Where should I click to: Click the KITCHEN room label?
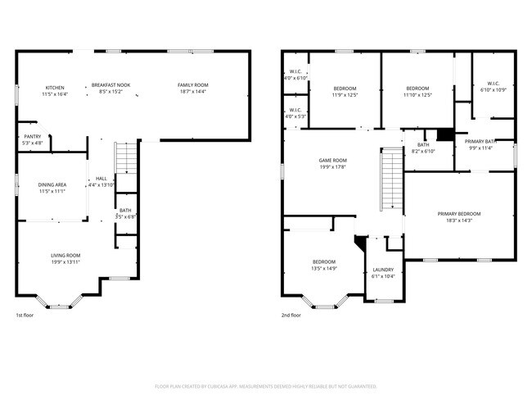pyautogui.click(x=55, y=88)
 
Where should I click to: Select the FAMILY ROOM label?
pyautogui.click(x=193, y=85)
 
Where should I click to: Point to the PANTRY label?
pyautogui.click(x=33, y=137)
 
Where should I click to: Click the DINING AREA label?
pyautogui.click(x=52, y=185)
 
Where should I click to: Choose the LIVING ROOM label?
pyautogui.click(x=65, y=255)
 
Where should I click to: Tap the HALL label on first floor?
pyautogui.click(x=101, y=178)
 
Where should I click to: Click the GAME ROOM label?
pyautogui.click(x=333, y=161)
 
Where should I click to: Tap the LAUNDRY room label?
pyautogui.click(x=383, y=270)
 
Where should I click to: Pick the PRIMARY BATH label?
pyautogui.click(x=481, y=142)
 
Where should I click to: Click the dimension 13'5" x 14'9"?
pyautogui.click(x=324, y=268)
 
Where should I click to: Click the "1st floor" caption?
pyautogui.click(x=25, y=316)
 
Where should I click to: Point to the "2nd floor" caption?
pyautogui.click(x=291, y=316)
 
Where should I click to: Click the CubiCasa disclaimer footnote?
pyautogui.click(x=266, y=385)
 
